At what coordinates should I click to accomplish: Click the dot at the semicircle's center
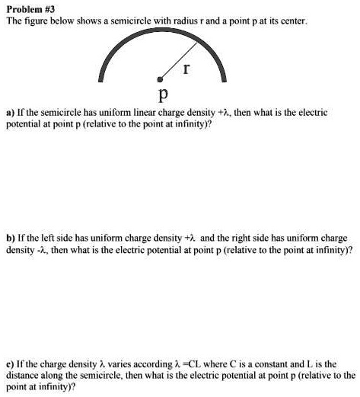click(160, 78)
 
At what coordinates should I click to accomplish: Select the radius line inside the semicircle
click(171, 66)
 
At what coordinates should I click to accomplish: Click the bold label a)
click(10, 112)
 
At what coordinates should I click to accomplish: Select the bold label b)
click(10, 237)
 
